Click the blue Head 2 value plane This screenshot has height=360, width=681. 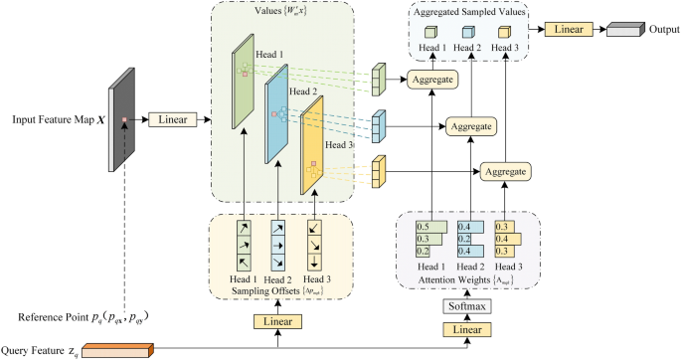(275, 115)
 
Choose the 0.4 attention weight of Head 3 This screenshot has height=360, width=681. (503, 239)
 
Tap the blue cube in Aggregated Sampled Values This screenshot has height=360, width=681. (467, 31)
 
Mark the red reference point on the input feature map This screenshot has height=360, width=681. (123, 120)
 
